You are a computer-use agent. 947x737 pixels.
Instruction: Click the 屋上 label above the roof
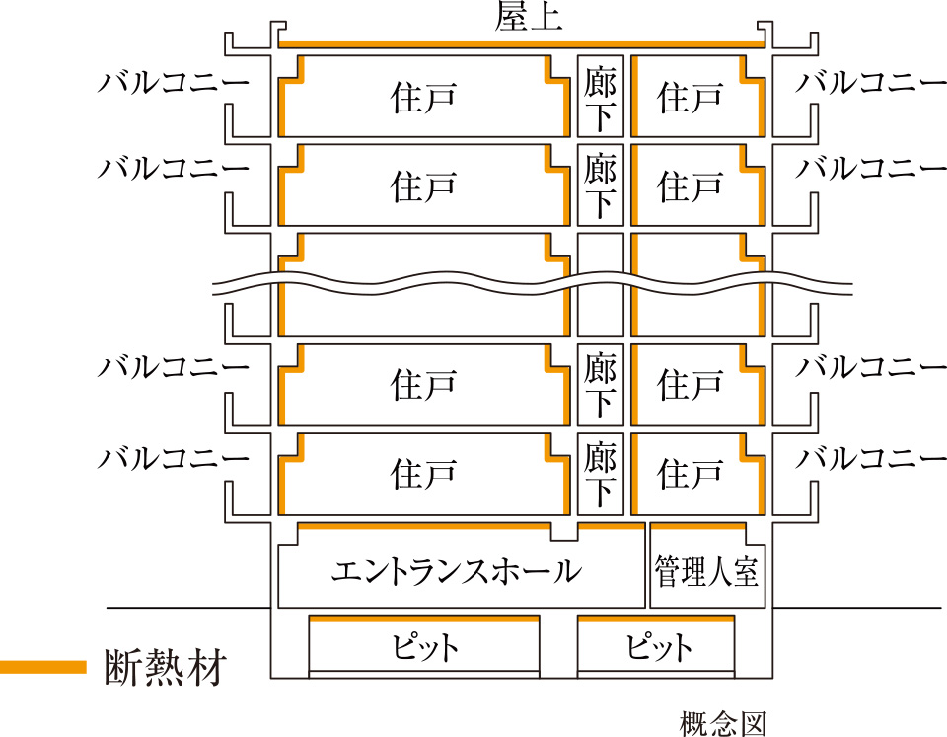529,20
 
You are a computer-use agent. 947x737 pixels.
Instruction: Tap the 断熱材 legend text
167,668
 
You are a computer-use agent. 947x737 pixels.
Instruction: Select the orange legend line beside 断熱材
43,667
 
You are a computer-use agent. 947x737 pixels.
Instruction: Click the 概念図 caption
723,724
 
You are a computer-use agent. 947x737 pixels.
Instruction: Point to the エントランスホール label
456,571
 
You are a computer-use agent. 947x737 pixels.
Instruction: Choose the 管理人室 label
707,571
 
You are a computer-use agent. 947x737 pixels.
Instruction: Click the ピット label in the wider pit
424,648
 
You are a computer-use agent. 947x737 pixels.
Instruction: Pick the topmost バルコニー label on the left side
174,82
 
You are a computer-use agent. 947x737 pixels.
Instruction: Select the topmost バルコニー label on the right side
871,82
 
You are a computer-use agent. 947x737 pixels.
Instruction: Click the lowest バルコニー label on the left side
174,459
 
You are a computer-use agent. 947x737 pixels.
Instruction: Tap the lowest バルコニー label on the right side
871,459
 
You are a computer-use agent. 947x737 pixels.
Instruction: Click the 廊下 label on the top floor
600,98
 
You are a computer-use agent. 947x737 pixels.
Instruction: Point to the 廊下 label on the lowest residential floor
600,474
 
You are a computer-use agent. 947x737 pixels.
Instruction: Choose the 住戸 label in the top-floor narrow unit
691,98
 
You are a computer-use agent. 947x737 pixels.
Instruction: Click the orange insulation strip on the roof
523,44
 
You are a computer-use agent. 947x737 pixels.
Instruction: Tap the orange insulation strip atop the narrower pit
656,618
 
